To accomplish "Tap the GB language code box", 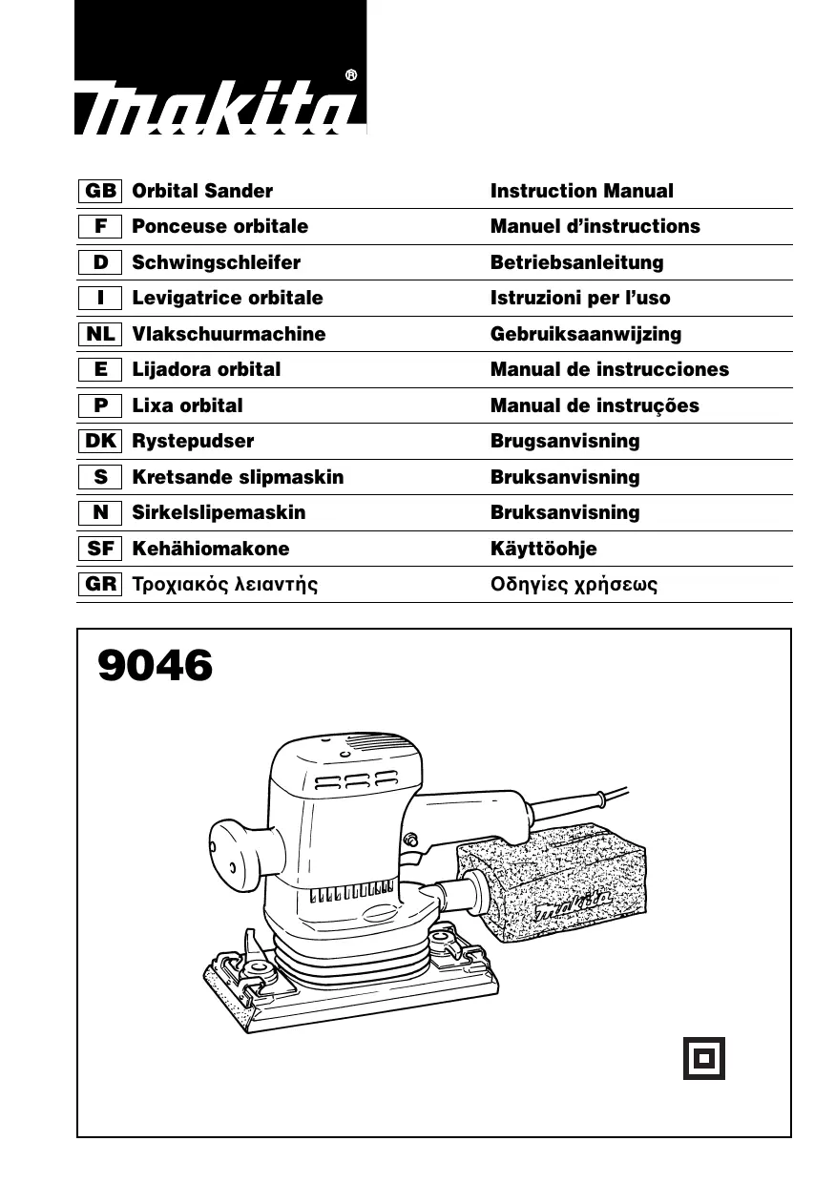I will pyautogui.click(x=100, y=191).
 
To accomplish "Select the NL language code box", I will pyautogui.click(x=100, y=334).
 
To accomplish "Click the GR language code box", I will pyautogui.click(x=100, y=584).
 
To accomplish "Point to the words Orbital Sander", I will pyautogui.click(x=202, y=191).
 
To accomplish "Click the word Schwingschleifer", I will pyautogui.click(x=217, y=262).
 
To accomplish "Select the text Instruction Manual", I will pyautogui.click(x=581, y=191).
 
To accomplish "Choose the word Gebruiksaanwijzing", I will pyautogui.click(x=586, y=334).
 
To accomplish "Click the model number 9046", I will pyautogui.click(x=155, y=666).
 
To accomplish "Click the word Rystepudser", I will pyautogui.click(x=193, y=441).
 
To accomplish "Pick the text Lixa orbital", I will pyautogui.click(x=187, y=405).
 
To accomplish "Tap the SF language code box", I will pyautogui.click(x=100, y=549).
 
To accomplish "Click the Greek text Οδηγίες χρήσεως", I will pyautogui.click(x=574, y=584).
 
